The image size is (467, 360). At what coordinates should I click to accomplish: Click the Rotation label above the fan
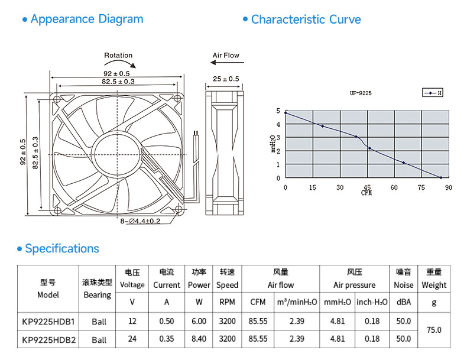pyautogui.click(x=118, y=56)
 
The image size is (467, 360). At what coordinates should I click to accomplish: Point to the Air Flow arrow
pyautogui.click(x=227, y=63)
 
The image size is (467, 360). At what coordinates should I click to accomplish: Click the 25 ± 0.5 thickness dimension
pyautogui.click(x=226, y=79)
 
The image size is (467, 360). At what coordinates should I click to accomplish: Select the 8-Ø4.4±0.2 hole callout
pyautogui.click(x=140, y=221)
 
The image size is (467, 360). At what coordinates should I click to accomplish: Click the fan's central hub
pyautogui.click(x=117, y=154)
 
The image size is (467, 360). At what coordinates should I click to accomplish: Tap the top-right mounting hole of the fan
pyautogui.click(x=177, y=98)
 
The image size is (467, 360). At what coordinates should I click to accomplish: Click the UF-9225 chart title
pyautogui.click(x=361, y=93)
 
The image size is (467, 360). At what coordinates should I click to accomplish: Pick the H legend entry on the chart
pyautogui.click(x=433, y=93)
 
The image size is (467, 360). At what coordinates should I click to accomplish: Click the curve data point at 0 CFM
pyautogui.click(x=286, y=113)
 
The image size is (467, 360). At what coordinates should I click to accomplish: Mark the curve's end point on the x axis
pyautogui.click(x=441, y=177)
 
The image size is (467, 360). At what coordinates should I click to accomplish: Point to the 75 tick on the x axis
pyautogui.click(x=421, y=187)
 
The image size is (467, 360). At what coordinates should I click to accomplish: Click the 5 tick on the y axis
pyautogui.click(x=278, y=111)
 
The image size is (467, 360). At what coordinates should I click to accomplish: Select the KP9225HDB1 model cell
pyautogui.click(x=48, y=322)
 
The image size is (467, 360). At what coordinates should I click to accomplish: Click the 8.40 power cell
pyautogui.click(x=199, y=339)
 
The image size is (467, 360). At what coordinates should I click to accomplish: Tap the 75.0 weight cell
pyautogui.click(x=434, y=330)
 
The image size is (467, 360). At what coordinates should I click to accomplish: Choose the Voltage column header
pyautogui.click(x=132, y=285)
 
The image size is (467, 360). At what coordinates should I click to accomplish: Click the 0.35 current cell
pyautogui.click(x=167, y=339)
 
